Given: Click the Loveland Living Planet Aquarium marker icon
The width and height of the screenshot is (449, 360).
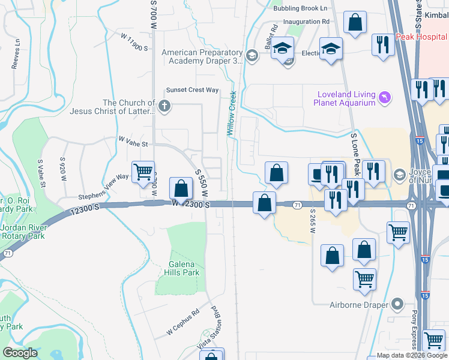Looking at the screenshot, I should tap(385, 97).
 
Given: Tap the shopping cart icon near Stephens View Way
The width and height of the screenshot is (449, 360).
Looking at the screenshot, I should tap(143, 172).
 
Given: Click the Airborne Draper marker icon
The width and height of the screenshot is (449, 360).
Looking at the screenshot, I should tap(396, 305).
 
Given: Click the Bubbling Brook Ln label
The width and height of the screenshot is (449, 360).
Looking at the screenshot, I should tap(300, 8).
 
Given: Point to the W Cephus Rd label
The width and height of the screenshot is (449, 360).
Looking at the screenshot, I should tap(182, 322).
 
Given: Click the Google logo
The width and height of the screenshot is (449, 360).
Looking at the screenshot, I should tap(20, 353).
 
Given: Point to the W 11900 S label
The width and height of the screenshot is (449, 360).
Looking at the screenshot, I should tap(134, 42).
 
